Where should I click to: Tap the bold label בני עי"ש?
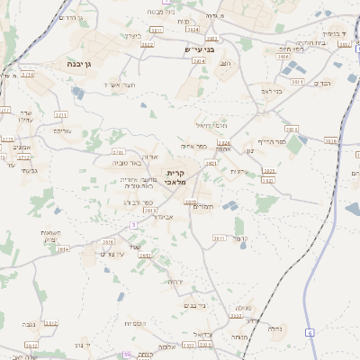(x=200, y=49)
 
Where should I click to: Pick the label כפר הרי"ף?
(x=270, y=141)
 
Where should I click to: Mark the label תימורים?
(x=203, y=207)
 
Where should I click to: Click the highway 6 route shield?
(x=309, y=333)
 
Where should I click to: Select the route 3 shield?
(x=132, y=224)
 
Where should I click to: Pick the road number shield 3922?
(x=147, y=44)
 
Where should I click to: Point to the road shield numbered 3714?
(x=28, y=75)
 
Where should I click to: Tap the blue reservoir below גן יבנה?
(x=78, y=92)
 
